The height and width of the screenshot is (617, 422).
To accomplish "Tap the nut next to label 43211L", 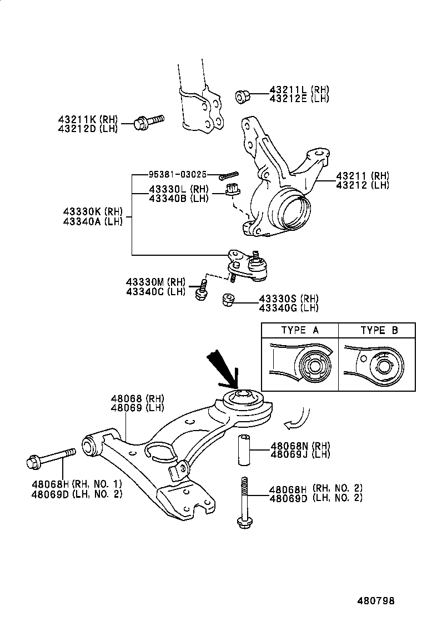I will (243, 96).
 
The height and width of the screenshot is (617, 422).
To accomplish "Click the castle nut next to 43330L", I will (232, 191).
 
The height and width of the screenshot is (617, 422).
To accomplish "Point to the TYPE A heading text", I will (300, 330).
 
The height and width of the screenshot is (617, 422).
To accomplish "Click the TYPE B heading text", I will (379, 330).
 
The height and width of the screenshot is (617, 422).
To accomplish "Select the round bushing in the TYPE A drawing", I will (312, 367).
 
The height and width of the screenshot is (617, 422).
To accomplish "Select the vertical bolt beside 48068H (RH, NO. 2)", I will (243, 502).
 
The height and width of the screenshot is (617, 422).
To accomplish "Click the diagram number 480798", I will (376, 600).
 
